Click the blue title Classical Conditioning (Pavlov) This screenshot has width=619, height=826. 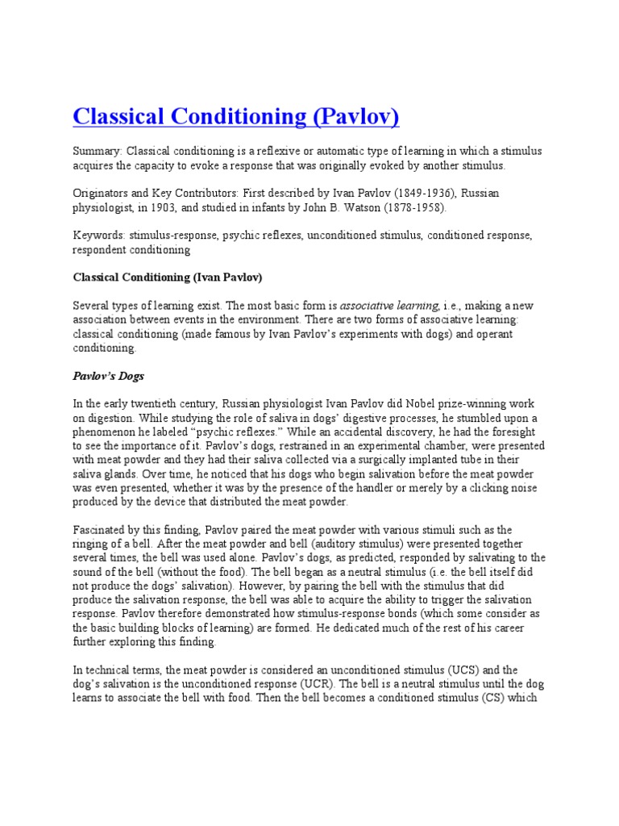[236, 118]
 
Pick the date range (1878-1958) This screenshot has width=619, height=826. [409, 208]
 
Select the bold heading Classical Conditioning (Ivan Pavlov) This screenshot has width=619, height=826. [168, 278]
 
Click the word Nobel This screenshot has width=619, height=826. [447, 403]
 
